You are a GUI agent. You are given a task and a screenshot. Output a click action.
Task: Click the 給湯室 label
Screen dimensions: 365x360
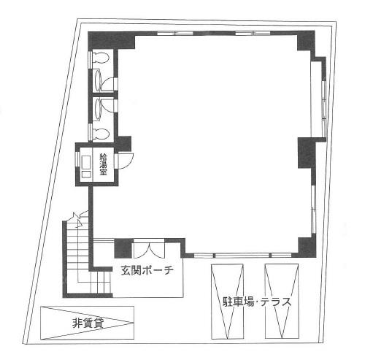(104, 164)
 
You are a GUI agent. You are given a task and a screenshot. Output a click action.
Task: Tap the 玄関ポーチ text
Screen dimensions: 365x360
(147, 270)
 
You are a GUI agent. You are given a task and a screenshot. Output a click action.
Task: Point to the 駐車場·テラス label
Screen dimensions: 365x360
(257, 302)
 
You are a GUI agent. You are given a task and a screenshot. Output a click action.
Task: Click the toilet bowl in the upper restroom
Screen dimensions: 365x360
(100, 58)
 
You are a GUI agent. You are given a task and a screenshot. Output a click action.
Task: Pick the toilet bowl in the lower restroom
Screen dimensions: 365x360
(100, 134)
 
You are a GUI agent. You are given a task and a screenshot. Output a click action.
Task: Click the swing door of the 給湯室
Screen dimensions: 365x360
(125, 161)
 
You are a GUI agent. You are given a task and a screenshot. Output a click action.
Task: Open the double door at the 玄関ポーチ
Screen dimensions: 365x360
(149, 249)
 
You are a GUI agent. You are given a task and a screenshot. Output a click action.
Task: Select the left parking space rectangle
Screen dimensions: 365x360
(227, 302)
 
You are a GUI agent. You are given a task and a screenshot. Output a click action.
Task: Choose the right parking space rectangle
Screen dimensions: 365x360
(282, 302)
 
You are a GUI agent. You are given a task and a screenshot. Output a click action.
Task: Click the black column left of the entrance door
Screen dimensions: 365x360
(123, 248)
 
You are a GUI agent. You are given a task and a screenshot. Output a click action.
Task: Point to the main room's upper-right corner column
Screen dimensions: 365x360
(306, 42)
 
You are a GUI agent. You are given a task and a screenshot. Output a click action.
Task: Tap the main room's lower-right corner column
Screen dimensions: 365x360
(307, 246)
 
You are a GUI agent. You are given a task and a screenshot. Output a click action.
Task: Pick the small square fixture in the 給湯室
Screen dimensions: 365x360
(86, 175)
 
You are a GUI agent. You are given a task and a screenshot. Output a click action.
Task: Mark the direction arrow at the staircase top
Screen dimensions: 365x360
(79, 220)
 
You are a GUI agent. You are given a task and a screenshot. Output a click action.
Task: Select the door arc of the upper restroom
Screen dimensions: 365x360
(107, 84)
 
